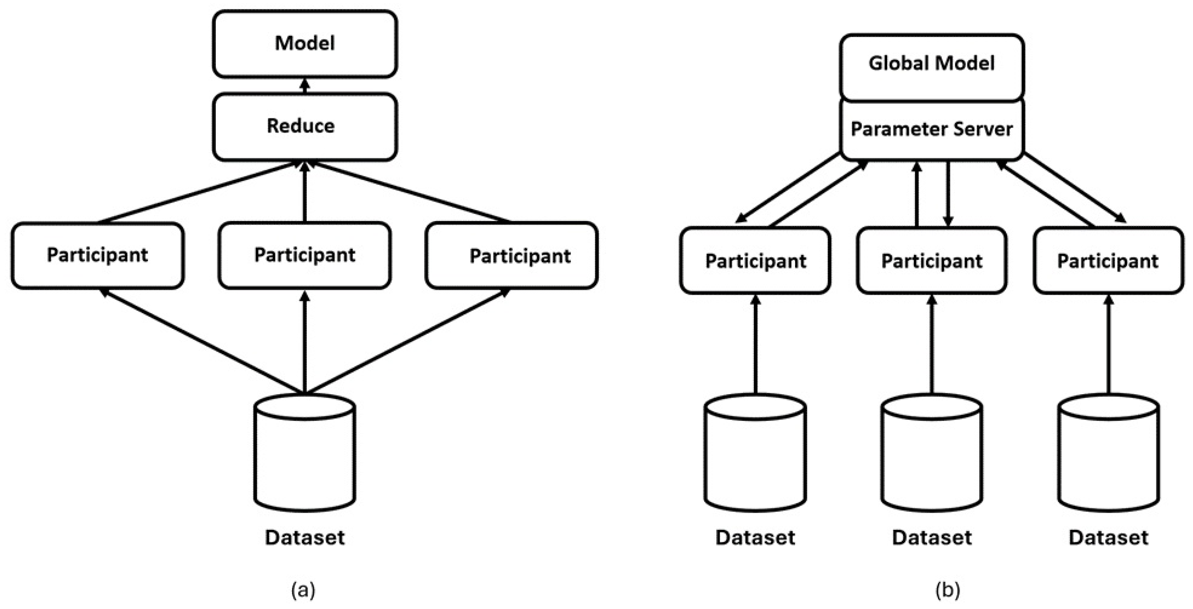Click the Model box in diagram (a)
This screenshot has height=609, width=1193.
(x=305, y=44)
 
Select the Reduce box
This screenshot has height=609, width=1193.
(x=305, y=126)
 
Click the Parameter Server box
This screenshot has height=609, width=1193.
(x=931, y=129)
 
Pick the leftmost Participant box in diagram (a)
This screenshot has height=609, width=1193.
(x=98, y=256)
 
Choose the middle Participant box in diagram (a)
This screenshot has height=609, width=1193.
(x=305, y=256)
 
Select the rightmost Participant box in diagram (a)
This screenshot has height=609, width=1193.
(x=511, y=256)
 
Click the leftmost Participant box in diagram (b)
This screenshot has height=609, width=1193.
(x=755, y=261)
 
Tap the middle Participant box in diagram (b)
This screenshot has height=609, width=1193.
(x=932, y=261)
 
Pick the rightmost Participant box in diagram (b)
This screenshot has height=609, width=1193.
(x=1108, y=261)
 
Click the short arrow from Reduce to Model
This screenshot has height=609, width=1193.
(x=305, y=86)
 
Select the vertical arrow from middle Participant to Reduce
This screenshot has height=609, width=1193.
(x=305, y=192)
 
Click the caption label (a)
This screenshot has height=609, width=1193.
(x=303, y=590)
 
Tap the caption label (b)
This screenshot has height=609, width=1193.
(x=948, y=590)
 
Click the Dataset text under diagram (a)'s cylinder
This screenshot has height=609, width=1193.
(x=305, y=537)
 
